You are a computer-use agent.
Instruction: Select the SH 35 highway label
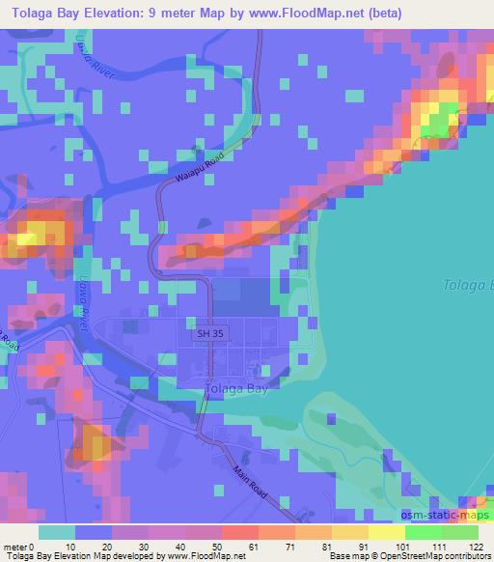(x=206, y=334)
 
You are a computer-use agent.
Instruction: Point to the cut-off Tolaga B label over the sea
(x=467, y=285)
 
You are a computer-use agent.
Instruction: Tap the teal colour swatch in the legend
(x=56, y=533)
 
